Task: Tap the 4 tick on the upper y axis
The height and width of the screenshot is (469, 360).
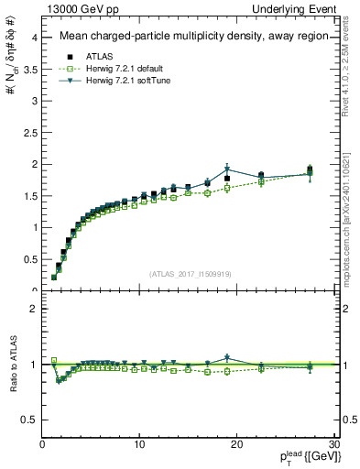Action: pos(34,38)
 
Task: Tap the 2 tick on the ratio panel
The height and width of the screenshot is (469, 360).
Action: pos(34,309)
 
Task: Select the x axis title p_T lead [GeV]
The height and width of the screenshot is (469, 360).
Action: pos(301,457)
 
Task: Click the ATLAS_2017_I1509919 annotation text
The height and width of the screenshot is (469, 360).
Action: pos(189,273)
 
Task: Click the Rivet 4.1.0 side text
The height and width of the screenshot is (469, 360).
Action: pos(350,70)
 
